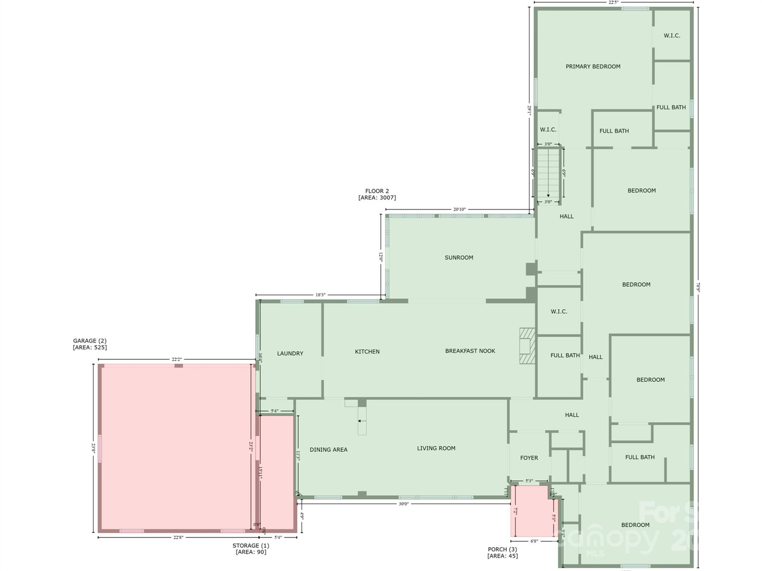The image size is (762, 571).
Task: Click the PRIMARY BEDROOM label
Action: [x=593, y=67]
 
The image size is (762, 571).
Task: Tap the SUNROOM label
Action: [x=459, y=258]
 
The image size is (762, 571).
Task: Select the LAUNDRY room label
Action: [x=290, y=354]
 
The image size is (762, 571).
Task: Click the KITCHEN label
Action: [x=367, y=352]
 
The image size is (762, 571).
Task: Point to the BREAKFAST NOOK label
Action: [x=470, y=351]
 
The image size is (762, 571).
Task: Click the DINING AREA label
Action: [x=328, y=450]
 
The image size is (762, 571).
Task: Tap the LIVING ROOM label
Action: [x=436, y=449]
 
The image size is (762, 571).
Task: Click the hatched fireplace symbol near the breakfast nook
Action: [x=527, y=346]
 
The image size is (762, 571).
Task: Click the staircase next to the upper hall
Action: [x=548, y=173]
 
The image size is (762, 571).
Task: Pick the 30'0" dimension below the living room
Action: [x=404, y=504]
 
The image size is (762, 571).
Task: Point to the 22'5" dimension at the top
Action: [x=613, y=2]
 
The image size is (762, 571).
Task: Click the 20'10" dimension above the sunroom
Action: [x=459, y=210]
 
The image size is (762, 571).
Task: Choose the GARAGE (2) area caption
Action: [x=90, y=344]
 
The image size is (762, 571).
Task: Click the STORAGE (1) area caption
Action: [x=251, y=549]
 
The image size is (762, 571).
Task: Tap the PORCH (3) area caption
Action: [x=502, y=552]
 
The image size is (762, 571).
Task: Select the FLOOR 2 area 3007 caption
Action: [x=377, y=194]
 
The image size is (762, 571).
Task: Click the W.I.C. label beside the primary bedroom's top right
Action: [x=672, y=36]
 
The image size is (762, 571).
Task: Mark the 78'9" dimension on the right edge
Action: [x=698, y=287]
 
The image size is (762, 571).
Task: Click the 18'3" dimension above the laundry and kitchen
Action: [x=320, y=295]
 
